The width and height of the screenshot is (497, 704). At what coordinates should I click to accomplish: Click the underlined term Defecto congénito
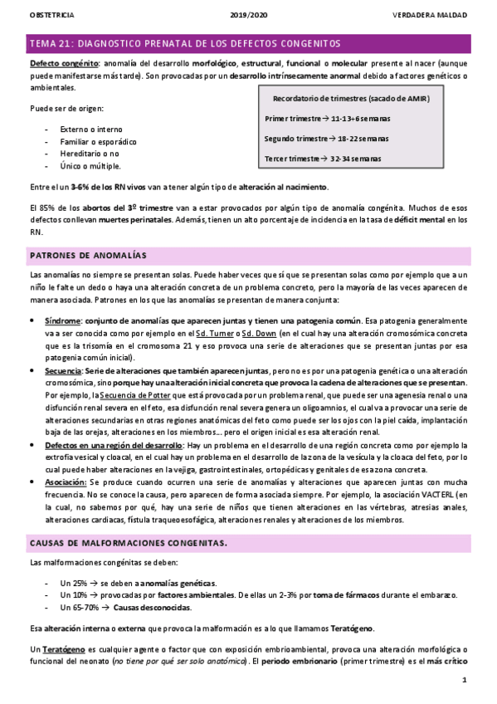coord(63,64)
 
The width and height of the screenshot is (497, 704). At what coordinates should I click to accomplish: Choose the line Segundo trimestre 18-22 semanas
coord(326,139)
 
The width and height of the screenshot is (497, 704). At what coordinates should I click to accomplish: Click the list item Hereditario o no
coord(90,154)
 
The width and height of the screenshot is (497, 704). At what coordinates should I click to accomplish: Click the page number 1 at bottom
coord(465,682)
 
